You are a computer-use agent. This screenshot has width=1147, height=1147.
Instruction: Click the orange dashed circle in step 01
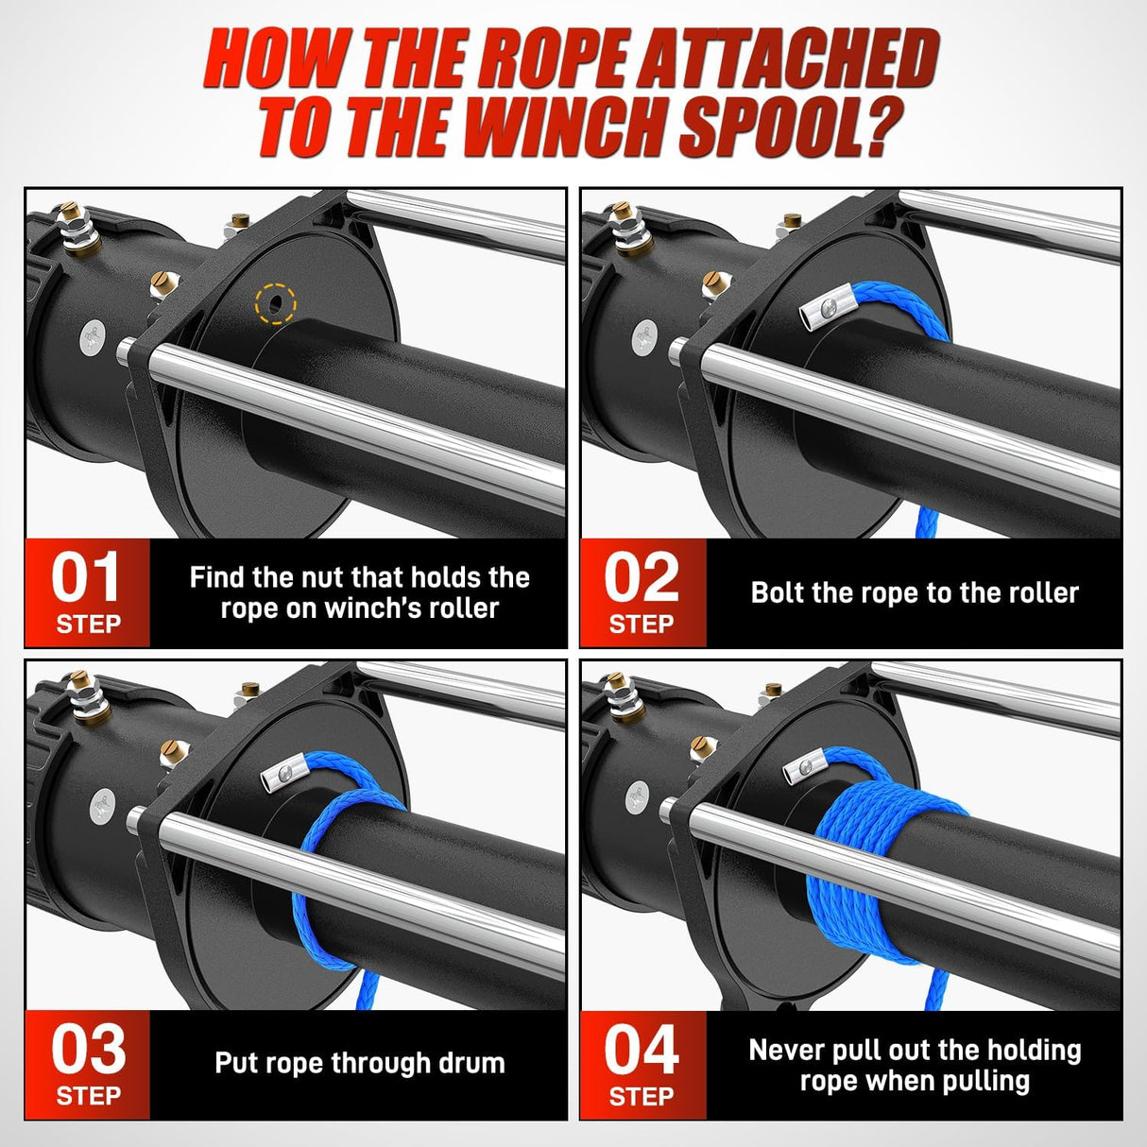pos(275,304)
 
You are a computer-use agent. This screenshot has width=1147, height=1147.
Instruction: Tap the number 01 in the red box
pos(86,577)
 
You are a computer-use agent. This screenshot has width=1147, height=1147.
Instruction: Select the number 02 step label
pos(642,577)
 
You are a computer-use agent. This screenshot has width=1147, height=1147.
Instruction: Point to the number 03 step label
pos(87,1049)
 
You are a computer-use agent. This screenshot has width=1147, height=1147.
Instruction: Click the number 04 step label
pos(642,1049)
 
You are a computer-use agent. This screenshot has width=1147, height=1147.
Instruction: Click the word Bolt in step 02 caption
pos(778,592)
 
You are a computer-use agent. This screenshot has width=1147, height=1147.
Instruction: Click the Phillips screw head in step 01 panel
pos(93,337)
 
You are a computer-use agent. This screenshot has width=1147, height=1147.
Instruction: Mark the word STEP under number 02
pos(642,625)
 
